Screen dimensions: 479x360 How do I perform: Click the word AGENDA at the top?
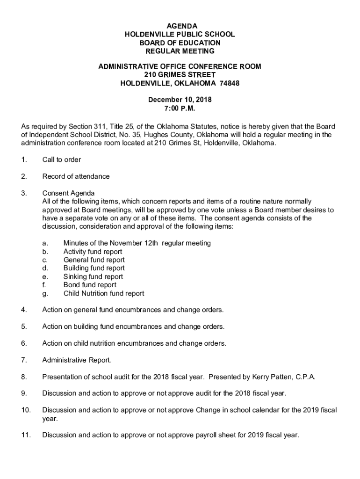pyautogui.click(x=180, y=26)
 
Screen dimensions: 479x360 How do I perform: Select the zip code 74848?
pyautogui.click(x=229, y=84)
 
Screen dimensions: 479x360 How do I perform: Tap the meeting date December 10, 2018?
pyautogui.click(x=180, y=100)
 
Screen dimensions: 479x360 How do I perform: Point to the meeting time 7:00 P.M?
pyautogui.click(x=180, y=108)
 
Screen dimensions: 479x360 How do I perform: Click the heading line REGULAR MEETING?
pyautogui.click(x=180, y=51)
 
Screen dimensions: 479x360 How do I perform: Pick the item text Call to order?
pyautogui.click(x=61, y=160)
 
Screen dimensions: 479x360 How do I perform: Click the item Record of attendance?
pyautogui.click(x=76, y=176)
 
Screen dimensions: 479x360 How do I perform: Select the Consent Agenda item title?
pyautogui.click(x=68, y=193)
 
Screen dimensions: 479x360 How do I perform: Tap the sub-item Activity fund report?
pyautogui.click(x=93, y=252)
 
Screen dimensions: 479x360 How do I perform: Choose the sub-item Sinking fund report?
pyautogui.click(x=93, y=276)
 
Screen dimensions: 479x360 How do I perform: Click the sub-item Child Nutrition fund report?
pyautogui.click(x=104, y=293)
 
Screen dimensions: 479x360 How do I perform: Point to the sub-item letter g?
pyautogui.click(x=44, y=294)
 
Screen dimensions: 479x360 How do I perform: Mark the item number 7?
pyautogui.click(x=23, y=360)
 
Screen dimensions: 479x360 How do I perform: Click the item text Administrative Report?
pyautogui.click(x=77, y=360)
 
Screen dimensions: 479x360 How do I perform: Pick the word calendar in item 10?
pyautogui.click(x=260, y=410)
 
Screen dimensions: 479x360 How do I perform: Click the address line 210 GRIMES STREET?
pyautogui.click(x=180, y=75)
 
